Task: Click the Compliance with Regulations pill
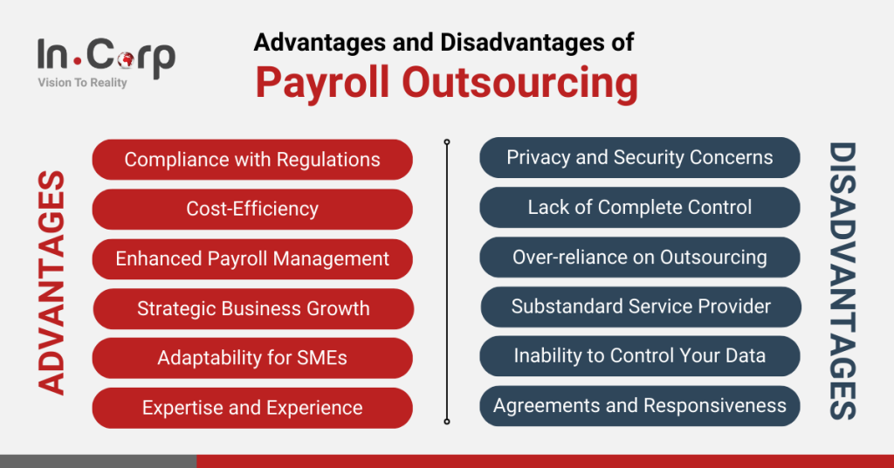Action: (x=252, y=160)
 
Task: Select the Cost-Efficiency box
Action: (x=252, y=210)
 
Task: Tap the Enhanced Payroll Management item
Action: (x=252, y=259)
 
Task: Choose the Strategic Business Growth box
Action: (x=252, y=309)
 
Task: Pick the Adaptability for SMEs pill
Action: (x=252, y=359)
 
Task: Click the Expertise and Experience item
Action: (x=252, y=408)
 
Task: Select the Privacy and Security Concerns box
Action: (x=640, y=158)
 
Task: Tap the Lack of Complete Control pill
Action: (x=640, y=208)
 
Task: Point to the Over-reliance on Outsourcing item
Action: (x=640, y=258)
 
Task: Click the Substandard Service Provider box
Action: (x=640, y=306)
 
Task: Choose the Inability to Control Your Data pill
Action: (x=640, y=356)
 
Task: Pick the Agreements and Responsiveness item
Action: (x=640, y=406)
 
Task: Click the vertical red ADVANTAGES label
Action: (x=52, y=283)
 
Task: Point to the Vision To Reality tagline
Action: (x=82, y=83)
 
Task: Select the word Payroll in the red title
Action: (x=322, y=84)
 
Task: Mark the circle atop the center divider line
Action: (x=447, y=141)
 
